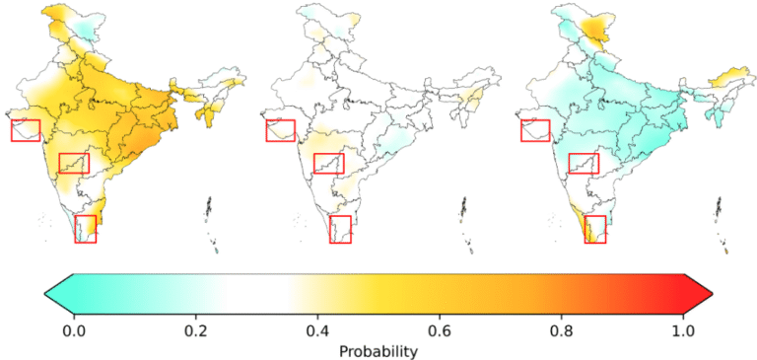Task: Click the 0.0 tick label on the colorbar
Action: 74,332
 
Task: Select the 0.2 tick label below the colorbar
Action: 195,332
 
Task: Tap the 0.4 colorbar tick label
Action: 317,332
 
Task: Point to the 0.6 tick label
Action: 440,332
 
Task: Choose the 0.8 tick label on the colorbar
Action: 561,332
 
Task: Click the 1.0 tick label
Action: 683,332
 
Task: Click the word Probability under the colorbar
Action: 378,352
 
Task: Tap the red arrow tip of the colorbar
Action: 712,293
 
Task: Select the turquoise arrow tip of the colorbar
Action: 45,293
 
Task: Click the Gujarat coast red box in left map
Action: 11,130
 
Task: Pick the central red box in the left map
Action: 59,164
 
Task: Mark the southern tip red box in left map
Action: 75,229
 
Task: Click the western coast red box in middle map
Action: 266,130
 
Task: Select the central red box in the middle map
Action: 313,164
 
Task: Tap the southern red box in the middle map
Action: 330,229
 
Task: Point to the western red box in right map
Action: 520,130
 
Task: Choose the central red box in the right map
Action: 569,164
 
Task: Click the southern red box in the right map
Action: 585,229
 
